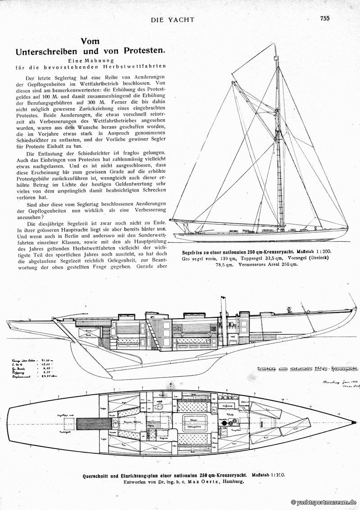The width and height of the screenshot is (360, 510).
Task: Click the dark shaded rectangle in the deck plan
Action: [x=94, y=423]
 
